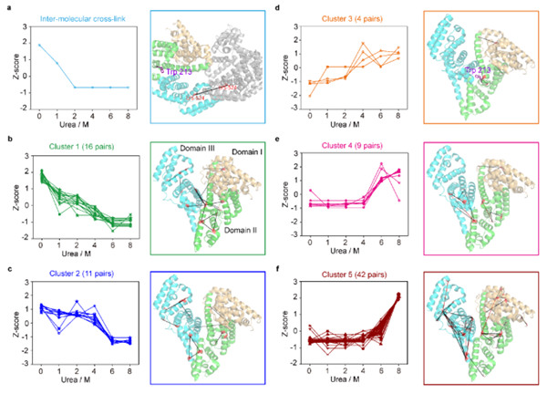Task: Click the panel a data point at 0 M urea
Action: (39, 44)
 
